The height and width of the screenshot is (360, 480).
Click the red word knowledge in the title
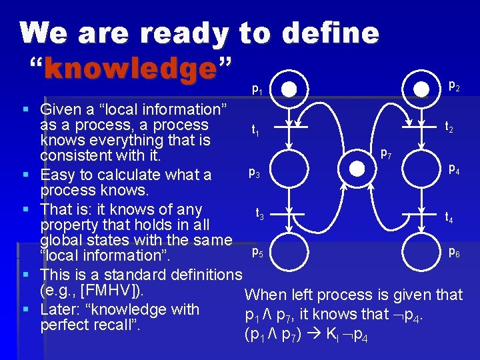(x=131, y=69)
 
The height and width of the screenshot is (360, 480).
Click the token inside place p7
(x=357, y=169)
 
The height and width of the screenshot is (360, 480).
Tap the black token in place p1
(x=288, y=89)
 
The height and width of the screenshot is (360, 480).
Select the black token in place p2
(x=421, y=89)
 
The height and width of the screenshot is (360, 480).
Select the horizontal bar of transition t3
(x=288, y=213)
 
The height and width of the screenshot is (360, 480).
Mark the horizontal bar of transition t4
(x=421, y=213)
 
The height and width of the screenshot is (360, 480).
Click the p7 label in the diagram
(x=385, y=154)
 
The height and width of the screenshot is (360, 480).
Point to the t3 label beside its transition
(x=261, y=214)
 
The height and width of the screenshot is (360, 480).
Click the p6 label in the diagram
(x=453, y=252)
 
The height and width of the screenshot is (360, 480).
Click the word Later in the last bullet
(x=61, y=309)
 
